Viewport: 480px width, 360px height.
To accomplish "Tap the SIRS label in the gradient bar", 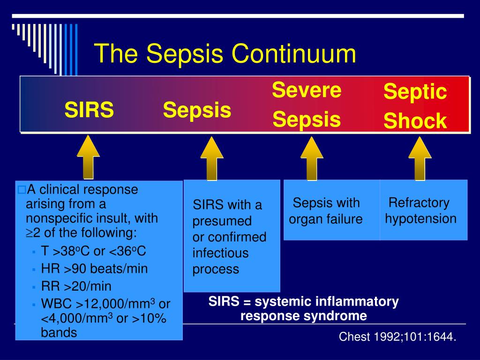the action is (x=89, y=110).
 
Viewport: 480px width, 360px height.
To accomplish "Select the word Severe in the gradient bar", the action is (x=307, y=90).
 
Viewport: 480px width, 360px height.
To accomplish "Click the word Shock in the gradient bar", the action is (x=415, y=120).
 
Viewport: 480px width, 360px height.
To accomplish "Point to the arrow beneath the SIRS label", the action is (x=88, y=157).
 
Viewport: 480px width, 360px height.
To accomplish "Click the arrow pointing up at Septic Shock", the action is (x=420, y=158).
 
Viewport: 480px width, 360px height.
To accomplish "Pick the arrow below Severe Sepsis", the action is (x=312, y=158).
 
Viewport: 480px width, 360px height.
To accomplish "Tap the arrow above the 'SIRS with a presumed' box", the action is (x=212, y=158).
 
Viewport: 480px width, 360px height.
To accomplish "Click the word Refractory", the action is (x=419, y=202).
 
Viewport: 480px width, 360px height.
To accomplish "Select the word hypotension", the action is (x=420, y=218).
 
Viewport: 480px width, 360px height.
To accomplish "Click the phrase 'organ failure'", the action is (x=326, y=219).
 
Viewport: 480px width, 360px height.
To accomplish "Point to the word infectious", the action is (x=220, y=253).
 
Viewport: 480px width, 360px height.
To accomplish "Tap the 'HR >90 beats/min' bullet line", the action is (x=94, y=269).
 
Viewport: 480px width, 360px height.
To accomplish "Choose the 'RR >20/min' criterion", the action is (x=76, y=286).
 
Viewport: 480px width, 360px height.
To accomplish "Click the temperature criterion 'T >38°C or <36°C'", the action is (x=93, y=251).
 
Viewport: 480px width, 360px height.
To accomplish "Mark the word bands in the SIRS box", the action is (x=59, y=332).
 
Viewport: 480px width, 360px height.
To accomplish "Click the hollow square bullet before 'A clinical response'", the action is (x=22, y=190).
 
